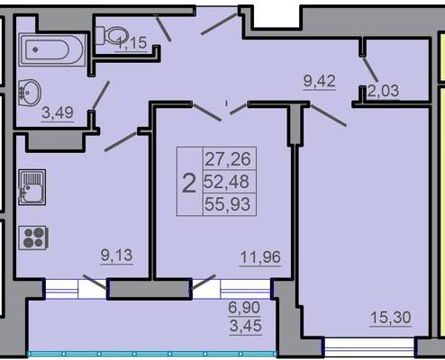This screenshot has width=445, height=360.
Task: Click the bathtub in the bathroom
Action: coord(52,49)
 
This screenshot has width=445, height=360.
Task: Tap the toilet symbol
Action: coord(113,36)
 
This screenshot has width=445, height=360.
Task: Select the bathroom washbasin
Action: coord(30,93)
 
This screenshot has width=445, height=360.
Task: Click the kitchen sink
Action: coord(32,187)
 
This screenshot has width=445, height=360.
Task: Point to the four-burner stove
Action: coord(32,238)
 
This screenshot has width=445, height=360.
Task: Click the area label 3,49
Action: coord(58,113)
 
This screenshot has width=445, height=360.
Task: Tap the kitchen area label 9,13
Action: coord(117,256)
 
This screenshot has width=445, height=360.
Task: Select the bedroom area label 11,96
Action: coord(260,257)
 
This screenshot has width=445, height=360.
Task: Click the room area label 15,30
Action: coord(391,318)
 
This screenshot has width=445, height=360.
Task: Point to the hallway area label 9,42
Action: coord(320,81)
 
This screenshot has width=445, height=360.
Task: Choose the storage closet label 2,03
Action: coord(384,91)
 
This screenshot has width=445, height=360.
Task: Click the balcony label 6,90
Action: coord(244,308)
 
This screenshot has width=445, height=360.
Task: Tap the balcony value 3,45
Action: coord(245,326)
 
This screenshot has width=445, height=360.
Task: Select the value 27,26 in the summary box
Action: coord(228,159)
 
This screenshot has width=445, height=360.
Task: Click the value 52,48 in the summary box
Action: coord(227,182)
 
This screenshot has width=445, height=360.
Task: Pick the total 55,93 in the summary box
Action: coord(227,204)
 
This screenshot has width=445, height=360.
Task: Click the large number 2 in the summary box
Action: coord(189,184)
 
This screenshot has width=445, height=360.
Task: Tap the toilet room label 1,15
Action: coord(132,43)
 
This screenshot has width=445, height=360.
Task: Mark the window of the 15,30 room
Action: coord(369,348)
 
